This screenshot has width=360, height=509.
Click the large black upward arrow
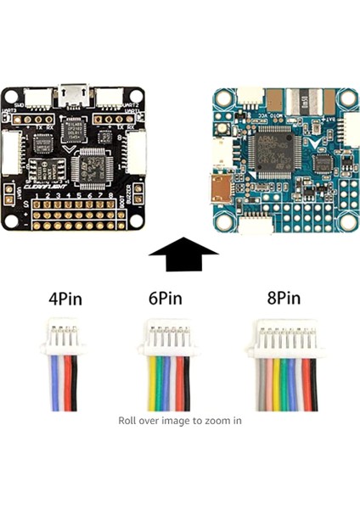pos(183,253)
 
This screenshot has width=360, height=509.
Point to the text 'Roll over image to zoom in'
pos(179,420)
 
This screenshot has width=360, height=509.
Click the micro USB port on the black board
pos(75,91)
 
